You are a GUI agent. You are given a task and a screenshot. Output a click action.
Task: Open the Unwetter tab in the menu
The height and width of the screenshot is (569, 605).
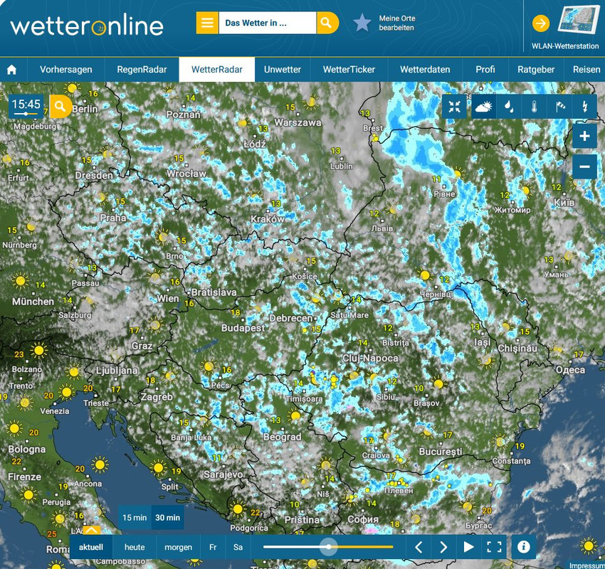pyautogui.click(x=282, y=70)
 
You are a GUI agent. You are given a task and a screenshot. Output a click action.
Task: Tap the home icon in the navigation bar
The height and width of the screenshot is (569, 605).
pyautogui.click(x=11, y=70)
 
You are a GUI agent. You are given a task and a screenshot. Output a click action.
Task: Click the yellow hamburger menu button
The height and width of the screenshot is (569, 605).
pyautogui.click(x=207, y=23)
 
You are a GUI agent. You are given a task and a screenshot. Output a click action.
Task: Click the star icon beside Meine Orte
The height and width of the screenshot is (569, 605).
pyautogui.click(x=362, y=23)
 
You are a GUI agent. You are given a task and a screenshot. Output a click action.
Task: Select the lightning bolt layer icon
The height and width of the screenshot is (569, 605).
pyautogui.click(x=585, y=107)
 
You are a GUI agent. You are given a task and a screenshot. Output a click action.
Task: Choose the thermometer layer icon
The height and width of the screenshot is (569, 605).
pyautogui.click(x=534, y=107)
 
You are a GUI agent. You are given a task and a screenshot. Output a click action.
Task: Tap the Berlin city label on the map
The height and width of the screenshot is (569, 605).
pyautogui.click(x=85, y=109)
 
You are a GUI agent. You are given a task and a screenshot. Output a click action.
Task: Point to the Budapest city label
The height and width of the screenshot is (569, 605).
pyautogui.click(x=243, y=328)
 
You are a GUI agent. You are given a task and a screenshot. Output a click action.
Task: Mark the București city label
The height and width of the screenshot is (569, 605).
pyautogui.click(x=441, y=452)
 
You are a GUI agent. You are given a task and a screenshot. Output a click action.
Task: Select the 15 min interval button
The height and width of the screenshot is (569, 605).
pyautogui.click(x=134, y=518)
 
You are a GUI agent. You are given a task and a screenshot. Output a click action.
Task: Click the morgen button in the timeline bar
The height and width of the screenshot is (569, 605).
pyautogui.click(x=178, y=548)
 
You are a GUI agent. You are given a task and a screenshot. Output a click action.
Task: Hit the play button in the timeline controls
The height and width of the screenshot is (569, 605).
pyautogui.click(x=468, y=547)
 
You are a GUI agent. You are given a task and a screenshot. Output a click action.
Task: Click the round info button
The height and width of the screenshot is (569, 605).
pyautogui.click(x=524, y=546)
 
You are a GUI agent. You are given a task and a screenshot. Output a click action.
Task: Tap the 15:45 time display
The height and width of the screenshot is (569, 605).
pyautogui.click(x=26, y=105)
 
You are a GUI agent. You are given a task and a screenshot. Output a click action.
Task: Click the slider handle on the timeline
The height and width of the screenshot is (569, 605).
pyautogui.click(x=328, y=547)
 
